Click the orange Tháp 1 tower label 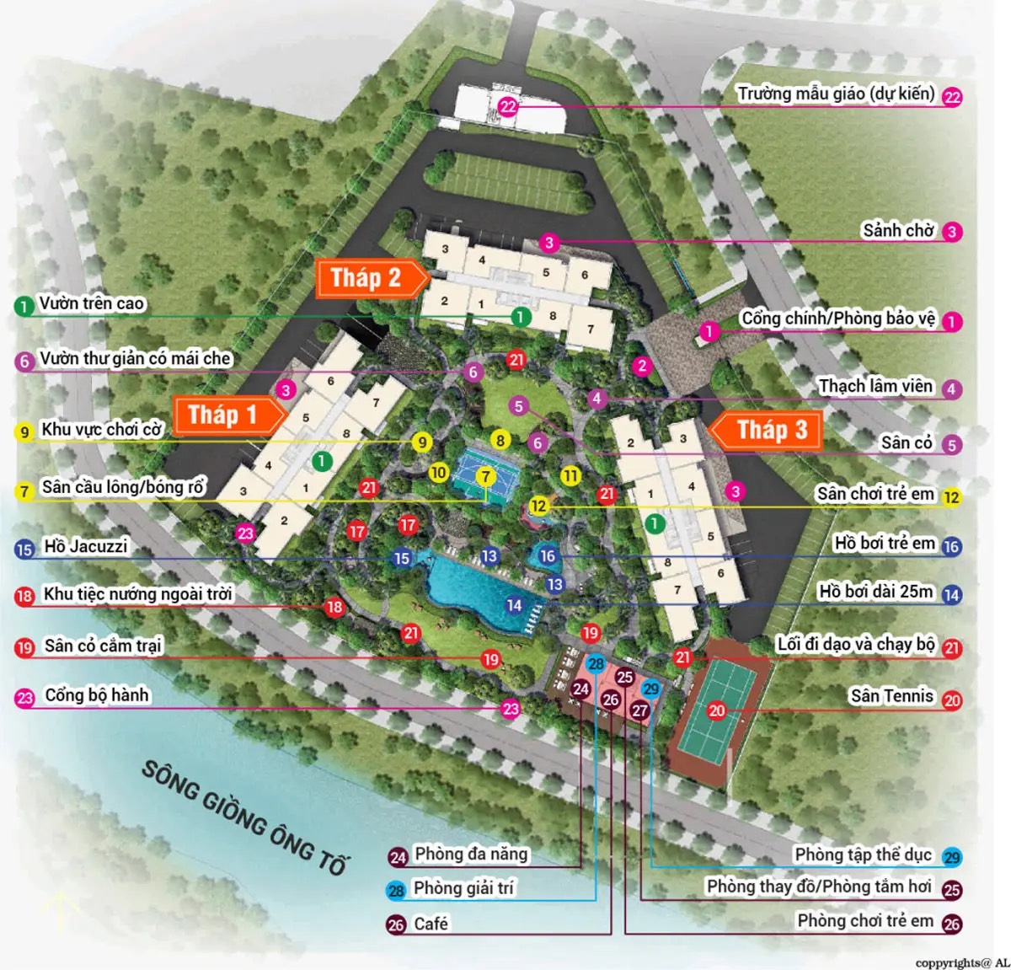click(222, 415)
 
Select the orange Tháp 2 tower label click(366, 278)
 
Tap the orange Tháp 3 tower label click(772, 430)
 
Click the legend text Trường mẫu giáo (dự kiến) click(836, 94)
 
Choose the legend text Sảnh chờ click(898, 230)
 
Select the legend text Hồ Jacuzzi click(86, 546)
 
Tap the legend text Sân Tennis click(891, 695)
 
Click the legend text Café click(431, 924)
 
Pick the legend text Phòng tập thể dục click(863, 855)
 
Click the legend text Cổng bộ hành click(96, 695)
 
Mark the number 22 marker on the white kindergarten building click(507, 107)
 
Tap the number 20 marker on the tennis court click(717, 710)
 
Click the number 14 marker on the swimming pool click(514, 605)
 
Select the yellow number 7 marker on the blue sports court click(484, 477)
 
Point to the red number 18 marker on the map click(334, 607)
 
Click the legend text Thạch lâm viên click(876, 386)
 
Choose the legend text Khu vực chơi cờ click(101, 429)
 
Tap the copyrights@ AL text click(962, 962)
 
